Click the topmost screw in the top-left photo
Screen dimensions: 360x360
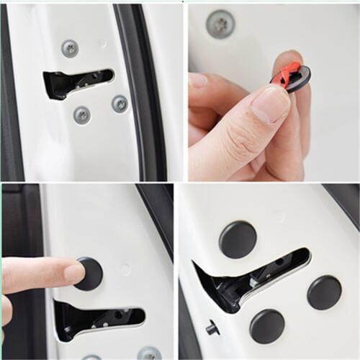click(x=70, y=48)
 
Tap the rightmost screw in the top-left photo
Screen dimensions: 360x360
click(x=120, y=104)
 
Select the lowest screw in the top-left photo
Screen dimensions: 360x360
click(x=82, y=114)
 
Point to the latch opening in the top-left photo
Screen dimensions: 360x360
click(x=76, y=81)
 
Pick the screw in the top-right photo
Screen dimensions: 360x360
click(x=220, y=24)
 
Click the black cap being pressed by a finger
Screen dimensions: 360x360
click(x=89, y=274)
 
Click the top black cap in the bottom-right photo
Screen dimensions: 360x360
click(x=238, y=240)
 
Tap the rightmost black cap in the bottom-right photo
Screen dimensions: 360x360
click(x=325, y=292)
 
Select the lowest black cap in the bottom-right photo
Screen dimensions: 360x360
click(x=267, y=326)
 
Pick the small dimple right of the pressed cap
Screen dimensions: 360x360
click(x=126, y=269)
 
